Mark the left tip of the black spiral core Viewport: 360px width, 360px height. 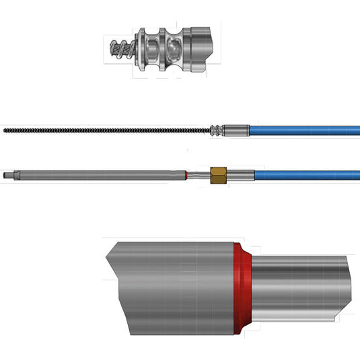click(x=5, y=129)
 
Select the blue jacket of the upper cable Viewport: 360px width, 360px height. click(x=303, y=130)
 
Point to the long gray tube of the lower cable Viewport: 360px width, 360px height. click(x=101, y=176)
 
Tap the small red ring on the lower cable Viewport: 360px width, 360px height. click(x=186, y=176)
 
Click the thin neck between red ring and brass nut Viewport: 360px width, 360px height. click(x=199, y=176)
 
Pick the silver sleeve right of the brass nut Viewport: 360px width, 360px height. click(x=241, y=176)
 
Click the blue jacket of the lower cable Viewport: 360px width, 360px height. click(x=306, y=176)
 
